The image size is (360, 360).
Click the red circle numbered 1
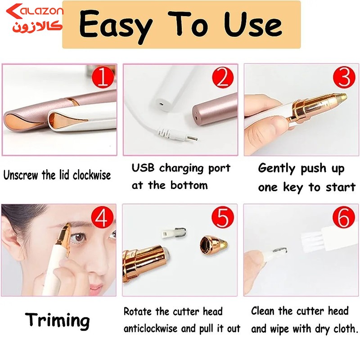(103, 77)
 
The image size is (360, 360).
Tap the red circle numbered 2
(223, 77)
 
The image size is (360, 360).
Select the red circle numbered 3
(344, 77)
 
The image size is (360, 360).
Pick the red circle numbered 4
(102, 218)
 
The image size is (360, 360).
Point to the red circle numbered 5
(222, 218)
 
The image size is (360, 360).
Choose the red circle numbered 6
(344, 217)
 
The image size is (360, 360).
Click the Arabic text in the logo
(37, 27)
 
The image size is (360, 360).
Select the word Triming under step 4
(57, 321)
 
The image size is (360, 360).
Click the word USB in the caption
(143, 168)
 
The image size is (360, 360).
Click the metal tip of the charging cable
(192, 139)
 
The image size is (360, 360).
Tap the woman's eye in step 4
(79, 238)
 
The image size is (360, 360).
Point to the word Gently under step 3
(276, 168)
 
